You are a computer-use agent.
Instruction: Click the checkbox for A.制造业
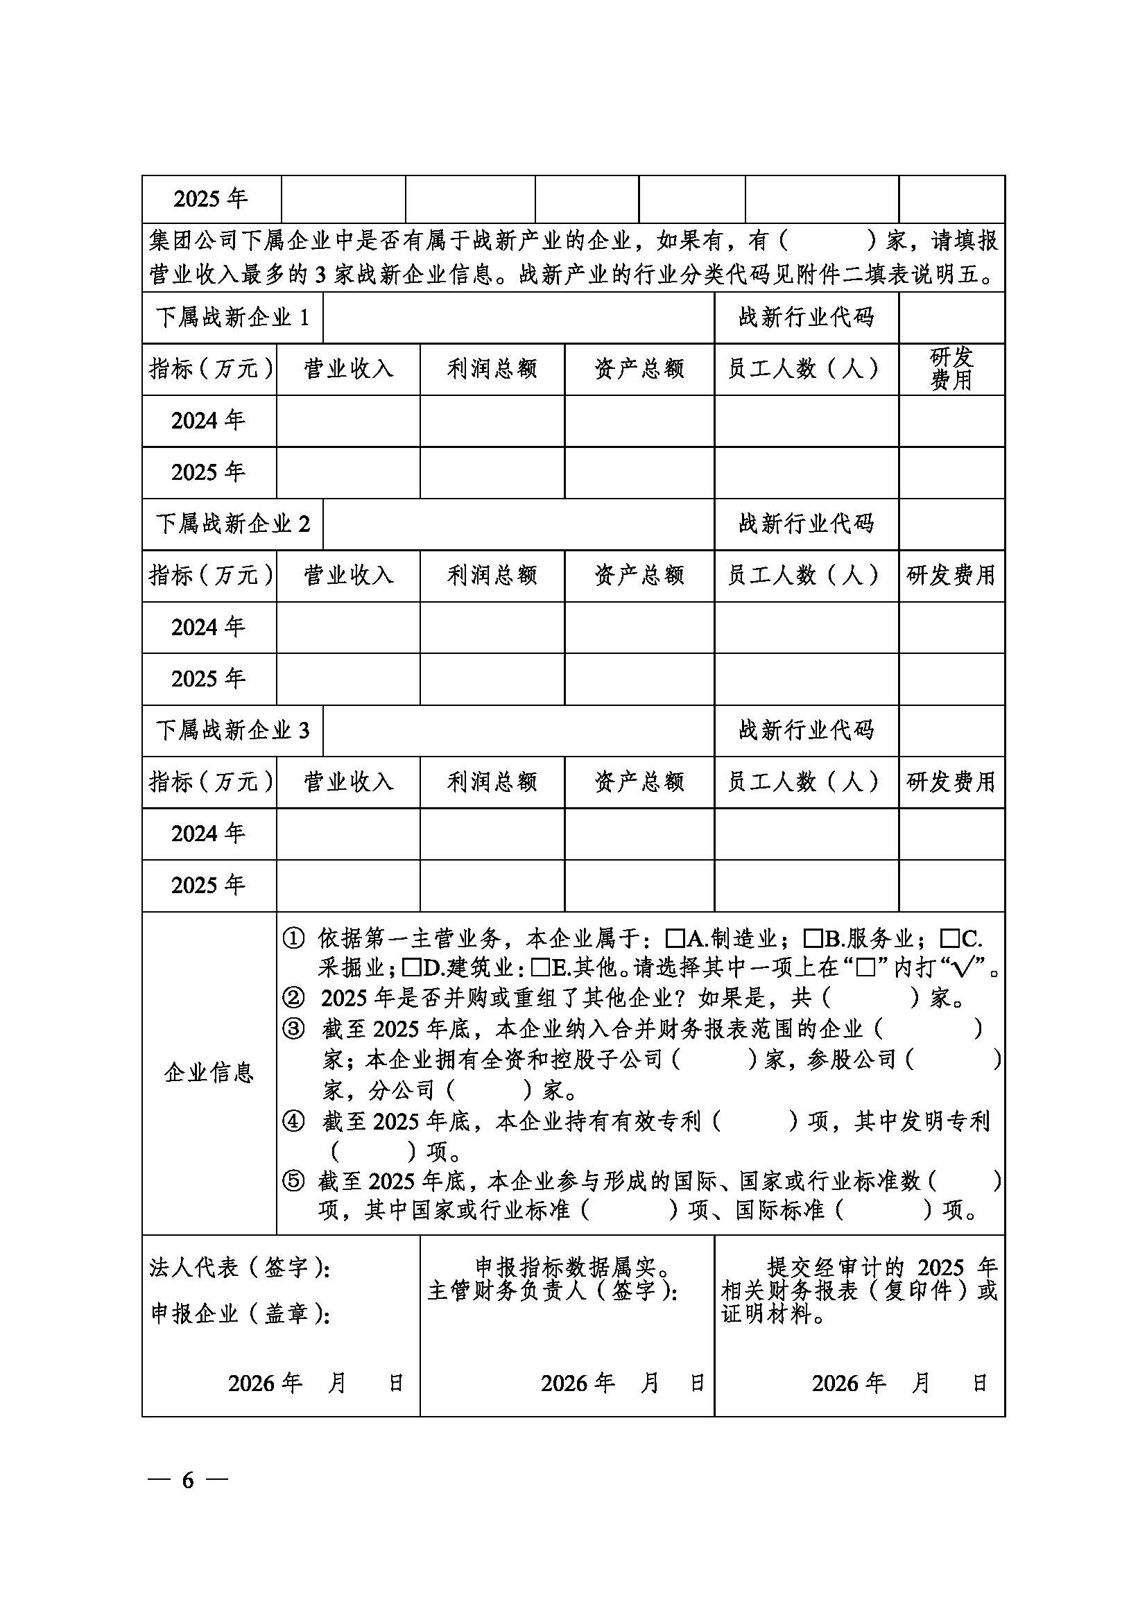(675, 938)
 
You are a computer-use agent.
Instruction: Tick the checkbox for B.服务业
(813, 938)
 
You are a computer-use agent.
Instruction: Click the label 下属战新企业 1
(232, 318)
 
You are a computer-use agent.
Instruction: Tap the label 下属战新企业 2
(232, 524)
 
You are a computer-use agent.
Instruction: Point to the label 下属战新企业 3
(232, 730)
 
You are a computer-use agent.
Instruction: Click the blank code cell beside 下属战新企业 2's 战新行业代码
(951, 524)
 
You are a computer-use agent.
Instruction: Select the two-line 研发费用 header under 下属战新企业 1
(951, 369)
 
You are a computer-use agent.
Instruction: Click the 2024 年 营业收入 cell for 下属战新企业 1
(348, 421)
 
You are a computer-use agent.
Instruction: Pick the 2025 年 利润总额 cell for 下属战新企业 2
(492, 679)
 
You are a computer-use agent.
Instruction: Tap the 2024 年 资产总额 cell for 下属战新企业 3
(639, 834)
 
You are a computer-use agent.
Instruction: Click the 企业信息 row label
(209, 1073)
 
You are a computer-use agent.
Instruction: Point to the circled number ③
(293, 1029)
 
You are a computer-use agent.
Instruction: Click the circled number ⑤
(293, 1180)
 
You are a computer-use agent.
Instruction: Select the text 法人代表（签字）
(239, 1268)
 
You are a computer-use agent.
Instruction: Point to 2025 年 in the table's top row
(211, 199)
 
